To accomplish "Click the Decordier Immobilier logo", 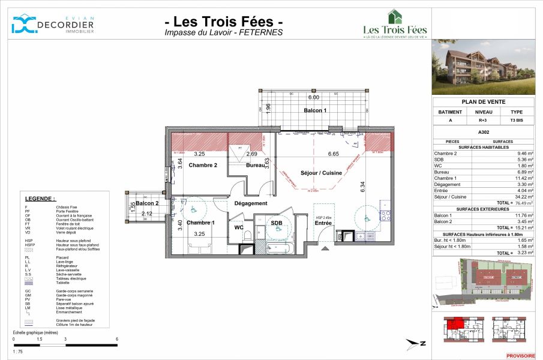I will (53, 25).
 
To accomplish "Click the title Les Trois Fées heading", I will (224, 22).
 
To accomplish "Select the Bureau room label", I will (256, 165).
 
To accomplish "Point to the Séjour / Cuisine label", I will (321, 173).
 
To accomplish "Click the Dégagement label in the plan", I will (251, 203).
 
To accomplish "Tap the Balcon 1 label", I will (314, 110).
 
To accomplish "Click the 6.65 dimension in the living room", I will (334, 154).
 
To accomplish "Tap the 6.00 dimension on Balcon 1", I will (313, 97).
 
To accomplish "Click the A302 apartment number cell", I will (483, 131).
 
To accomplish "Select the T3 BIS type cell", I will (516, 121).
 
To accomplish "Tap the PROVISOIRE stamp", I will (520, 356).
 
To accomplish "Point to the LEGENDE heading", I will (40, 199).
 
